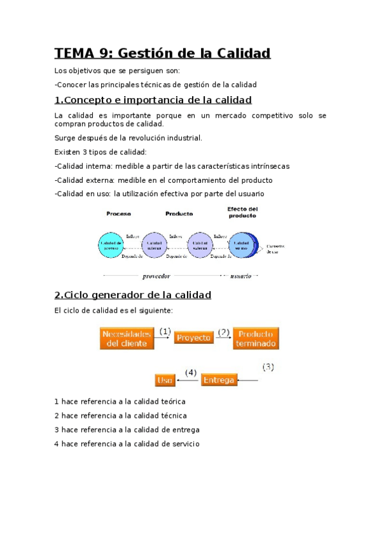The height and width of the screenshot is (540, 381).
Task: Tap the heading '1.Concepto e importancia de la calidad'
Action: [153, 100]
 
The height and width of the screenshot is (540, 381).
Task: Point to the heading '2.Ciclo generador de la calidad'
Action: [133, 295]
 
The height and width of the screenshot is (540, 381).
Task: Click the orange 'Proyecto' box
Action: [193, 337]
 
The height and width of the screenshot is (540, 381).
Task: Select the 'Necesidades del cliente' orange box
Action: [127, 337]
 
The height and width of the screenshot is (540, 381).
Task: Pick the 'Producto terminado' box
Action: [256, 337]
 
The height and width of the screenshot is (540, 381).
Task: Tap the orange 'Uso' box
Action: [165, 380]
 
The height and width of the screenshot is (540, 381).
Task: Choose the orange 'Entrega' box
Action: [219, 380]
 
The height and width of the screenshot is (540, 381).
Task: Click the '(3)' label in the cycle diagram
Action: [268, 367]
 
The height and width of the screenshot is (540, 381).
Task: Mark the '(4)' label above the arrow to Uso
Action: [191, 372]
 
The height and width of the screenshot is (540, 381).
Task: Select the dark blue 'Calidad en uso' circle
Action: [242, 245]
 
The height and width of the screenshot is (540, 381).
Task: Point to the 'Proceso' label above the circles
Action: [119, 214]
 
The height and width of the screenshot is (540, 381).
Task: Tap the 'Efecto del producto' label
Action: [242, 212]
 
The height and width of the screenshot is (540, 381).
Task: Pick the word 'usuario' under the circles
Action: [240, 276]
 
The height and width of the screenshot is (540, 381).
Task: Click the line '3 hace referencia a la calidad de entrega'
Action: [127, 429]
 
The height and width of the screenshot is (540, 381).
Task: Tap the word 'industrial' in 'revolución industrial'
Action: [182, 138]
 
